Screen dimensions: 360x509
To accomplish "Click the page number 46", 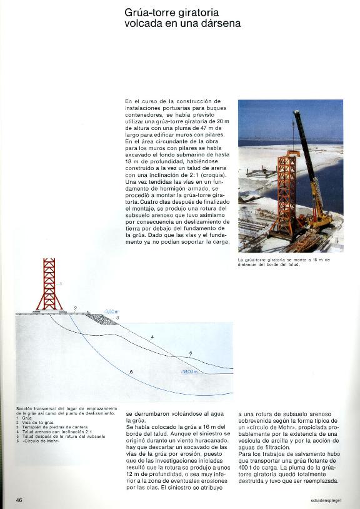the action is tap(19, 500).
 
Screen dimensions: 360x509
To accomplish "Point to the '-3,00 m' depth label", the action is tap(111, 311).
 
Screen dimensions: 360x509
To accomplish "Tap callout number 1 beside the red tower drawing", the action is tap(61, 284).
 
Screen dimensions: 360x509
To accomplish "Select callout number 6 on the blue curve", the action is tap(131, 373).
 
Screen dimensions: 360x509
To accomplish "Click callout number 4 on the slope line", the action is tap(152, 338).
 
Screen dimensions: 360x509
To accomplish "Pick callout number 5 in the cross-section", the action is tap(191, 354).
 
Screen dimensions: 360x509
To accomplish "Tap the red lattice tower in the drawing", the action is tap(50, 285).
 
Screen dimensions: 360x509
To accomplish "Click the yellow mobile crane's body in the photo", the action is tap(321, 219).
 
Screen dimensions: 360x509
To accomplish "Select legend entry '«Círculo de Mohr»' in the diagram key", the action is tap(37, 442).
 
